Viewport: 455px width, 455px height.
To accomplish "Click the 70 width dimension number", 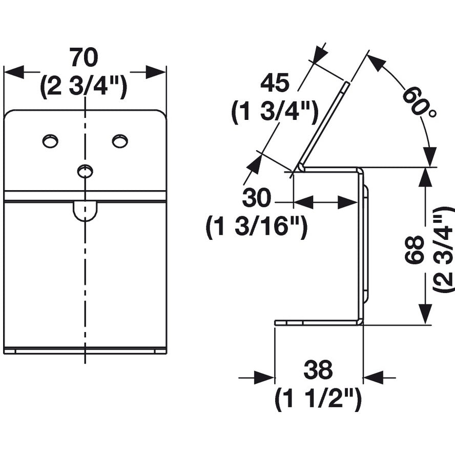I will (x=84, y=58).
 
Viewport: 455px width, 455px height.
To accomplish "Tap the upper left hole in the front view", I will (x=50, y=141).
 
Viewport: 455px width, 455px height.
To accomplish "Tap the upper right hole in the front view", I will (x=120, y=140).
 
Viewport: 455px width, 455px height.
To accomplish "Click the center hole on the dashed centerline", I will (x=85, y=171).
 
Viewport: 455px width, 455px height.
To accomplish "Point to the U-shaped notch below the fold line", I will (x=85, y=211).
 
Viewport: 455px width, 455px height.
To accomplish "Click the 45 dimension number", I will (x=275, y=82).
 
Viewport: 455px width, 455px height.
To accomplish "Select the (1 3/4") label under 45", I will (x=275, y=111).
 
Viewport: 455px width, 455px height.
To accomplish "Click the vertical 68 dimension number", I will (x=415, y=250).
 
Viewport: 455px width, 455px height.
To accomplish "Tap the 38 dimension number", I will (x=318, y=369).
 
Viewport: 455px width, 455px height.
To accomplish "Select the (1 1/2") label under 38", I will (x=318, y=398).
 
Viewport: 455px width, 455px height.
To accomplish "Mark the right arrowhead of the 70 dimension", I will (x=156, y=72).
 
